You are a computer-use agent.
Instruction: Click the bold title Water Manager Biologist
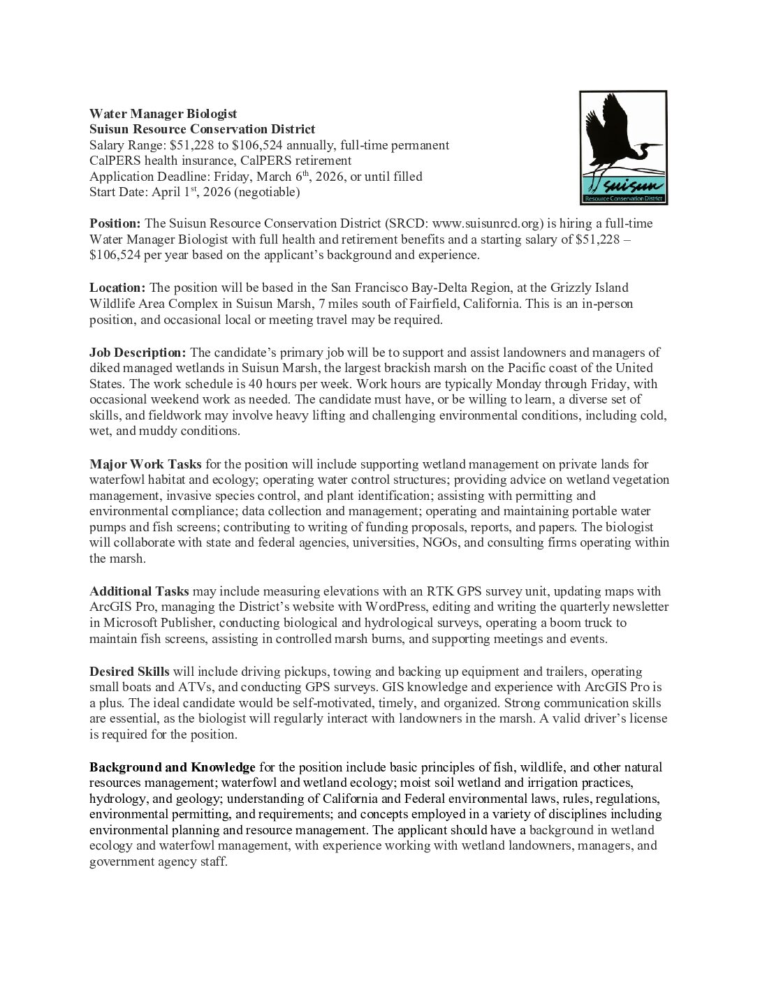(163, 114)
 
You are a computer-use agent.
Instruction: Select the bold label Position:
(115, 223)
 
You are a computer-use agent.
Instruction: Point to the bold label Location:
(117, 288)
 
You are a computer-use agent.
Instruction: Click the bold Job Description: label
(138, 353)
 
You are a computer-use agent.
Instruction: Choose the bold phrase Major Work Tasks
(145, 464)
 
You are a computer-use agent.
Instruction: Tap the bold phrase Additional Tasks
(139, 591)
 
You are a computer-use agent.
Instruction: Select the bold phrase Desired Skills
(129, 672)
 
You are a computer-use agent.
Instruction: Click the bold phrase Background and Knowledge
(172, 767)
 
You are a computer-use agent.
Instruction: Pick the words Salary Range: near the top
(128, 145)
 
